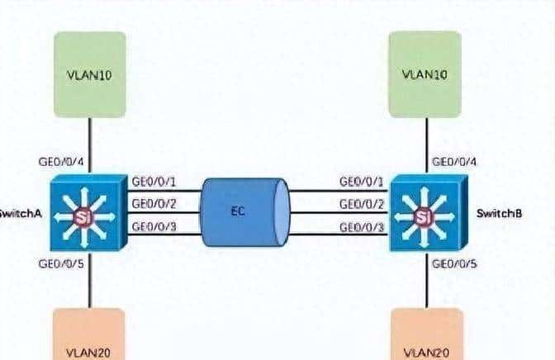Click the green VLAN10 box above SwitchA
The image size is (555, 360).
89,74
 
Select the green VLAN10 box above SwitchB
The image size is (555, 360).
425,74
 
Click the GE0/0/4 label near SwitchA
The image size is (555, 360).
61,162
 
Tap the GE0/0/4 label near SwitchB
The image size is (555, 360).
457,162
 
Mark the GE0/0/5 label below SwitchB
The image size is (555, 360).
456,264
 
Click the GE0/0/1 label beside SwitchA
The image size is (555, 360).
154,181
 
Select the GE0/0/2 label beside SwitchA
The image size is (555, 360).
154,203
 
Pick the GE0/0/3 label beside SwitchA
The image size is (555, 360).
154,225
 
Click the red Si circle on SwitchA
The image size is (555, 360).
82,218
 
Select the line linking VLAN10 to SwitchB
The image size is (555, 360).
426,145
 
